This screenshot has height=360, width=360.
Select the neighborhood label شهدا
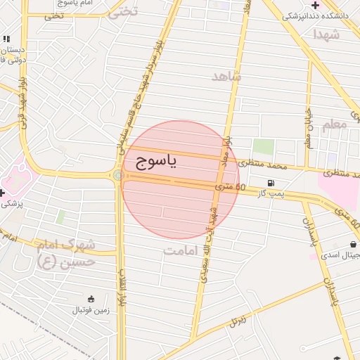coord(327,33)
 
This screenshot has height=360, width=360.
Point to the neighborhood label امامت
coord(181,250)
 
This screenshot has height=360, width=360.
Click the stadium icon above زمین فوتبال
coord(91,298)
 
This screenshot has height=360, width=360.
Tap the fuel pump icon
coord(271,182)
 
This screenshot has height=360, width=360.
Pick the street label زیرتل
coord(238,321)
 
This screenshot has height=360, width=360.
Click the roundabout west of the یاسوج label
coord(117,175)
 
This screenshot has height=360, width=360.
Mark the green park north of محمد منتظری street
coord(263,147)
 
